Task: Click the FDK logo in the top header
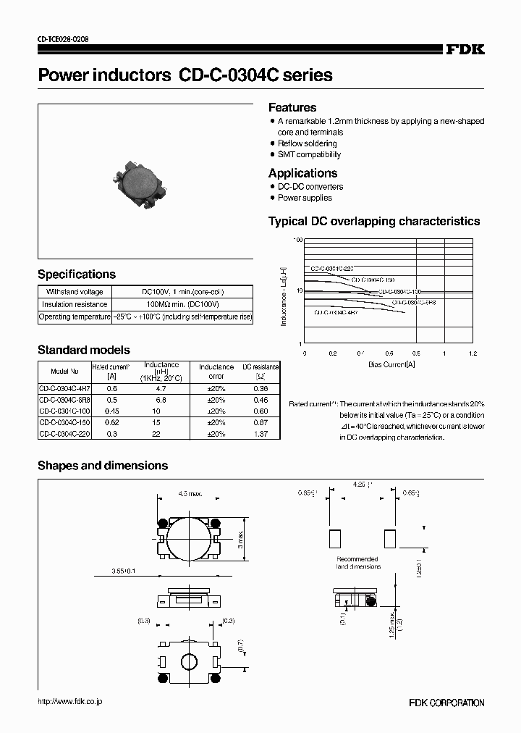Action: [465, 49]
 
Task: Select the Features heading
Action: [292, 107]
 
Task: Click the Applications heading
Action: [302, 173]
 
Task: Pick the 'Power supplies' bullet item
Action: [305, 198]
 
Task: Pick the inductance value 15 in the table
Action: [161, 422]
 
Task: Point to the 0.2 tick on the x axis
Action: [333, 354]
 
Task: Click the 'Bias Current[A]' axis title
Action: [391, 365]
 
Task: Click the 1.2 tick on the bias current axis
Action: [473, 354]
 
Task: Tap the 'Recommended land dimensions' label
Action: [357, 562]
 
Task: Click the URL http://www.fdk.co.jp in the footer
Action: [69, 702]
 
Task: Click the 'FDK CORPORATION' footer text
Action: [446, 703]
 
